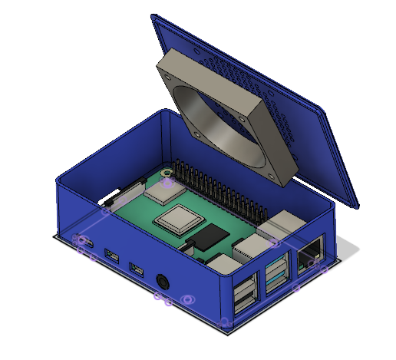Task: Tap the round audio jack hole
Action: point(163,281)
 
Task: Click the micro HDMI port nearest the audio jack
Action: point(137,269)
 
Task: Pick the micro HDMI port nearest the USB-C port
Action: point(113,256)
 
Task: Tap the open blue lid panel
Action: point(322,154)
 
